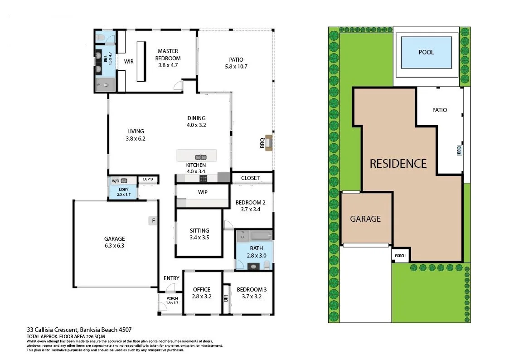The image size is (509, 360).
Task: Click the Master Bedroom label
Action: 168,54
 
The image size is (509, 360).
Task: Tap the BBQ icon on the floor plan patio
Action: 269,143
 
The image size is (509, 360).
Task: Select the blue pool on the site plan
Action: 426,52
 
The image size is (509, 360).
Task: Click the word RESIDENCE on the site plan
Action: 398,163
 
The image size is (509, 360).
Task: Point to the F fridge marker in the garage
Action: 154,221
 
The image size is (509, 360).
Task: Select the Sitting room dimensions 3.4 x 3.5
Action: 199,237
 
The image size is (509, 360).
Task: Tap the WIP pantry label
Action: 203,192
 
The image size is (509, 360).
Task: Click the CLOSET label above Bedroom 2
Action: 250,178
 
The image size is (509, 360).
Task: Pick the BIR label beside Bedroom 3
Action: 226,298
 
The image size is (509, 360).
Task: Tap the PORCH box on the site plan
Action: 400,256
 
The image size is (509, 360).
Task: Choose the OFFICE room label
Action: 202,290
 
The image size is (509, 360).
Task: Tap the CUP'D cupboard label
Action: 148,179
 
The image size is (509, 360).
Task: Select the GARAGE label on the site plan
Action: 365,219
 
